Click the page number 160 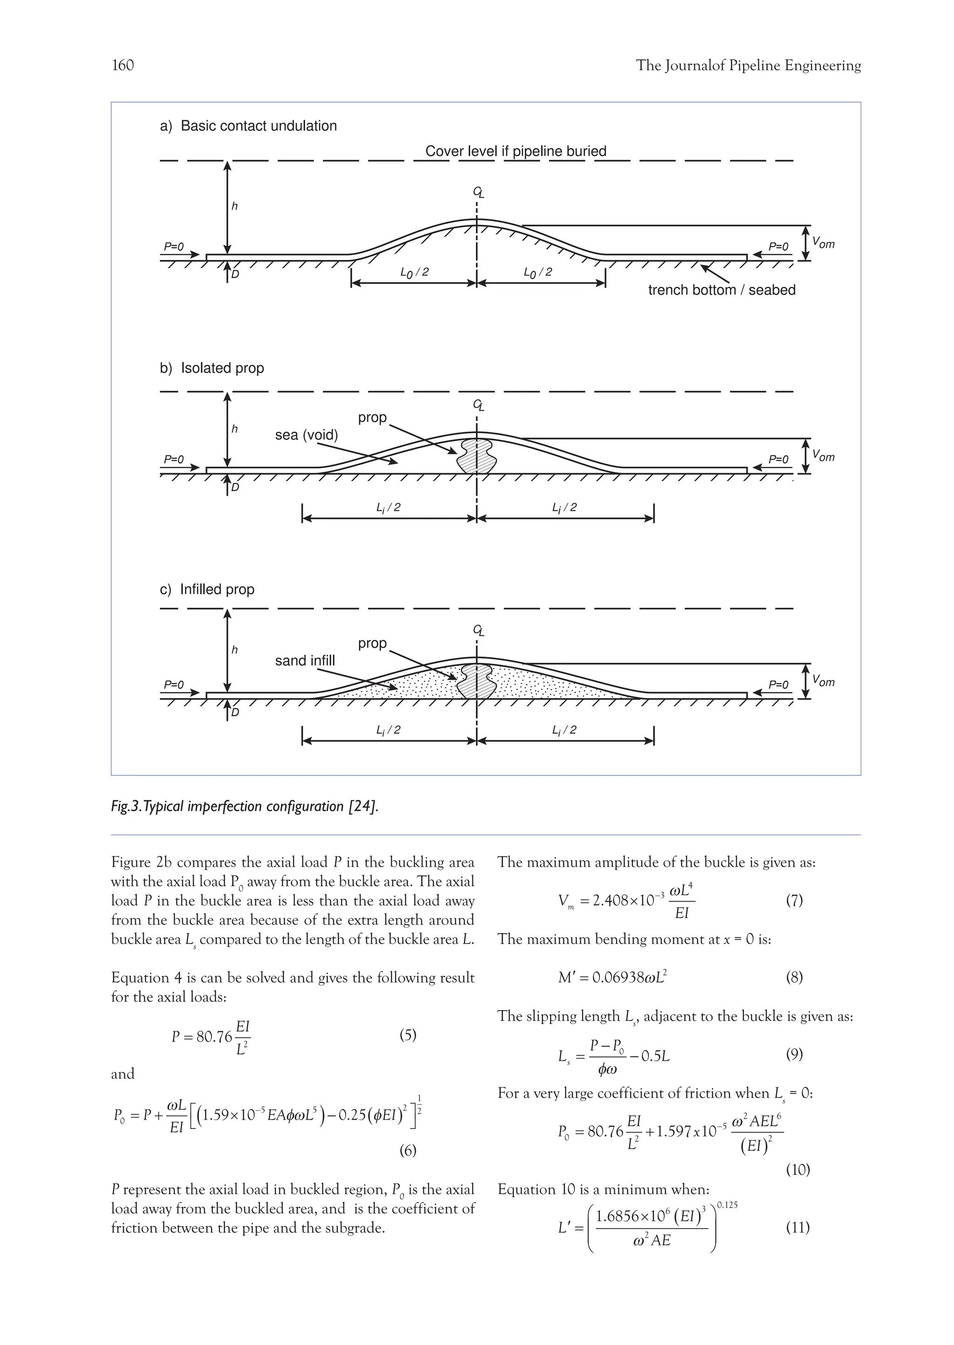[123, 65]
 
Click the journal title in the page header [748, 66]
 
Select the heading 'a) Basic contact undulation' [248, 126]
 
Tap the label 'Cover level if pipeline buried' [515, 151]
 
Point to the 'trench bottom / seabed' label [722, 290]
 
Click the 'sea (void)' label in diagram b [306, 435]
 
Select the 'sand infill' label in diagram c [305, 661]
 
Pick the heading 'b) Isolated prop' [211, 368]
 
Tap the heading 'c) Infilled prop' [207, 590]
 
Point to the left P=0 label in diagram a [173, 247]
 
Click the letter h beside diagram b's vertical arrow [234, 429]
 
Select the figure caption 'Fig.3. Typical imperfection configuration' [245, 807]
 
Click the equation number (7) [794, 900]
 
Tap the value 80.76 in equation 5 [214, 1037]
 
